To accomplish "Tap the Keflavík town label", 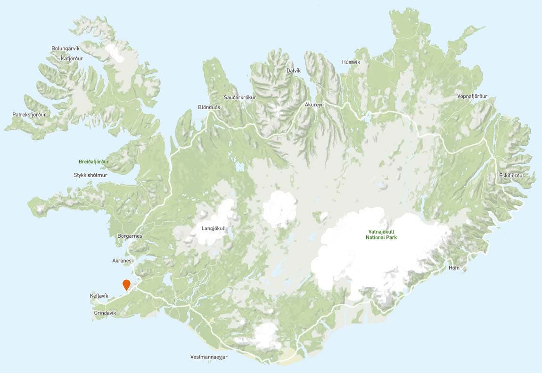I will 99,296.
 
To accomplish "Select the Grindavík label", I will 105,312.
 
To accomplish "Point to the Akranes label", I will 122,260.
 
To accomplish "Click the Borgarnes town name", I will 129,236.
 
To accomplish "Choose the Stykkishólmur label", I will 91,175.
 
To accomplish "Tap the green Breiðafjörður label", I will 94,162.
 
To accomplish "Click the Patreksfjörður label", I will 29,114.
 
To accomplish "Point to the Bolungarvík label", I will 66,49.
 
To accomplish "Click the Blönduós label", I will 209,107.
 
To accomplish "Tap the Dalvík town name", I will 294,71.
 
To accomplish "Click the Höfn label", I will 454,268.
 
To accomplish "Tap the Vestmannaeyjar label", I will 209,357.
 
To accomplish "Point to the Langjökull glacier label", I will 214,229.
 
